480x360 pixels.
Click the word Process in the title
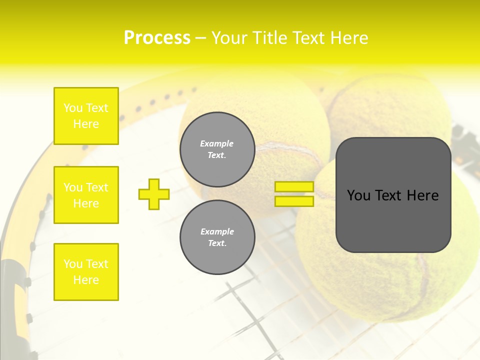click(157, 38)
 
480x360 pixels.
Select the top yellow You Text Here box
click(86, 116)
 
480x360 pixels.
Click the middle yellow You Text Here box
click(86, 195)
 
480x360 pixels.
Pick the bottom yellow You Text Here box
click(86, 272)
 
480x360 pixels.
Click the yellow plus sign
click(154, 194)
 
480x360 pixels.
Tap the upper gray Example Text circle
click(217, 149)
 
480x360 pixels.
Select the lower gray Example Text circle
click(217, 237)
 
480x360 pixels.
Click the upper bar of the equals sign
click(294, 187)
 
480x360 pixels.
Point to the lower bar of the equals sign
click(294, 201)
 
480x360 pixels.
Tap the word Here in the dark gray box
click(422, 195)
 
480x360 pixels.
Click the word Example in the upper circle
click(217, 143)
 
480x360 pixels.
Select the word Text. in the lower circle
click(217, 243)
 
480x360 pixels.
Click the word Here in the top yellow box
click(86, 124)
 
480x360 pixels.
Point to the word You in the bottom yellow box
click(73, 264)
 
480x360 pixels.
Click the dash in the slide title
click(200, 38)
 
